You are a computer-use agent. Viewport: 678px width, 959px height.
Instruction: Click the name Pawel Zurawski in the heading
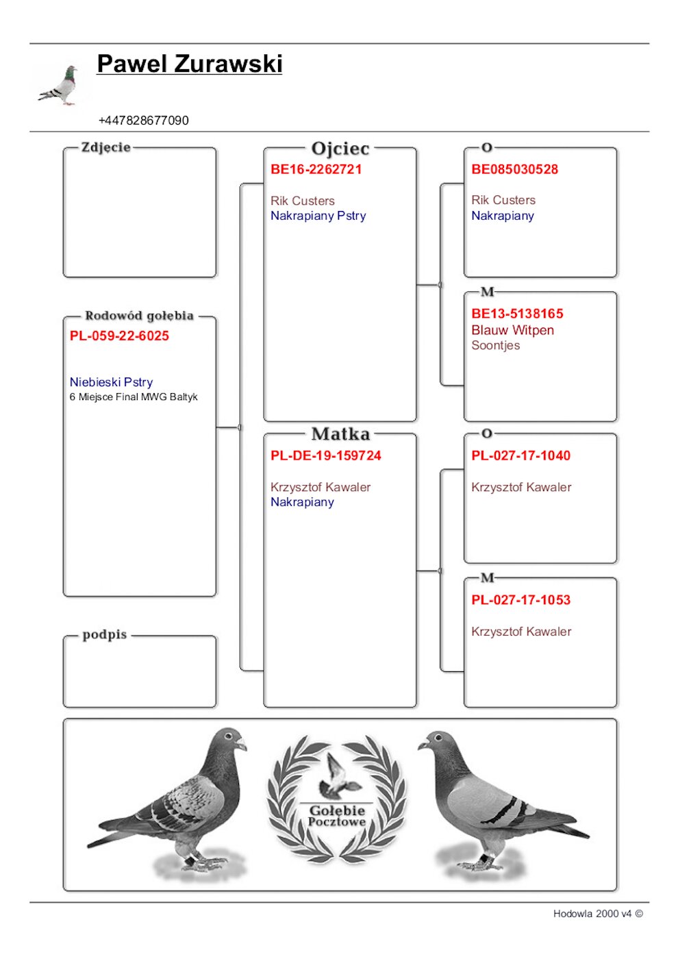tap(189, 64)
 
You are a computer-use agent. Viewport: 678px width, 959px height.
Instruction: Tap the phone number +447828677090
tap(143, 121)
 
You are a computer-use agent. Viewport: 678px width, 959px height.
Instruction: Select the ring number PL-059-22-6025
tap(119, 336)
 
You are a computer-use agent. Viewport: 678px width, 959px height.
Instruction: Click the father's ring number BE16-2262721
tap(316, 169)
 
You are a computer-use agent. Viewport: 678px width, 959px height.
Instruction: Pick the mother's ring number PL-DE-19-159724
tap(325, 456)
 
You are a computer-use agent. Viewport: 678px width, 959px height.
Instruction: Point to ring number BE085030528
tap(514, 169)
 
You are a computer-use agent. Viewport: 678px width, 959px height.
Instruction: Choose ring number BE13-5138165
tap(517, 314)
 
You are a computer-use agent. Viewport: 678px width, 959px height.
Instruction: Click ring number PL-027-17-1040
tap(520, 456)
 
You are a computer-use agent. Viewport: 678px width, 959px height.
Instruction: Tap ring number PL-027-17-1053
tap(520, 600)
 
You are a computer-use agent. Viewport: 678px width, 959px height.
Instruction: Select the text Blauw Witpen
tap(512, 330)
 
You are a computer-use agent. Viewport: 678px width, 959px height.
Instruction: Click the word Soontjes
tap(495, 345)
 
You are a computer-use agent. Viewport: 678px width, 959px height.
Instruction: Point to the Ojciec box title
tap(340, 149)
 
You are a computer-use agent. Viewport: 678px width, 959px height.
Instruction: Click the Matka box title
tap(340, 434)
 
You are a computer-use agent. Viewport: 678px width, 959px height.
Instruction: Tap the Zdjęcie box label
tap(105, 147)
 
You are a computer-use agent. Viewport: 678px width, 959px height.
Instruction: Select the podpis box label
tap(104, 634)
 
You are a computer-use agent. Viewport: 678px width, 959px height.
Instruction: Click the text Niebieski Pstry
tap(111, 382)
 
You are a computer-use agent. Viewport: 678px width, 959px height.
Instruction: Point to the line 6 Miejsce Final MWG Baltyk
tap(133, 397)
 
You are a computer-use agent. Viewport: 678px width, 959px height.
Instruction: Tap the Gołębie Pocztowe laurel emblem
tap(336, 798)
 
